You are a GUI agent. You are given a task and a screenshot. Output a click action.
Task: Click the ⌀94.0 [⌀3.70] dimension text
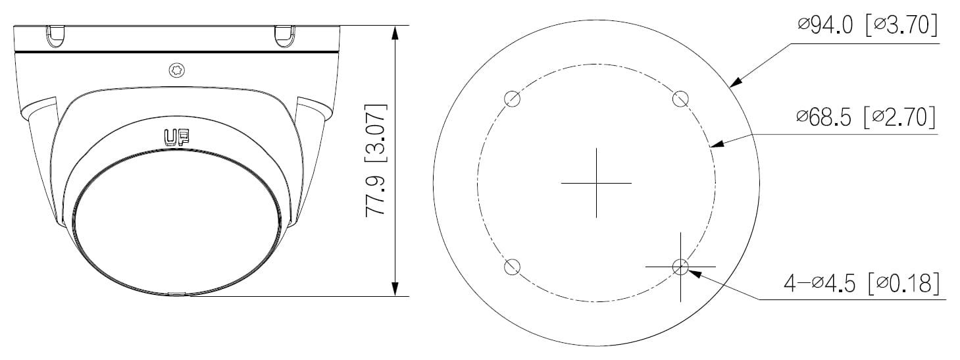[x=867, y=26]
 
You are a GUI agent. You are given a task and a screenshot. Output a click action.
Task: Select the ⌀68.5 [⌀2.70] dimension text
[x=865, y=117]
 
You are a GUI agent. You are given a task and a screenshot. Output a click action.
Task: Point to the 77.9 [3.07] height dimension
[x=376, y=160]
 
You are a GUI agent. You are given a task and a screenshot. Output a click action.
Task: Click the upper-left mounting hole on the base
[x=512, y=99]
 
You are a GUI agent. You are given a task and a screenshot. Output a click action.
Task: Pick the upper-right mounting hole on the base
[x=680, y=99]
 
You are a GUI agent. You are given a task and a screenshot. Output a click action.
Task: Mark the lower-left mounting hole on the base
[x=512, y=267]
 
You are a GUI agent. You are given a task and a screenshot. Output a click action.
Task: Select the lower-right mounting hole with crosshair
[x=680, y=267]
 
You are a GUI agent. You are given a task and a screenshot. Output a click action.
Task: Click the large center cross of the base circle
[x=596, y=182]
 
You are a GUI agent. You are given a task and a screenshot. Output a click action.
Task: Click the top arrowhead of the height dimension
[x=395, y=32]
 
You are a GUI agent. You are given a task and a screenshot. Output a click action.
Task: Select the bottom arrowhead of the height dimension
[x=395, y=289]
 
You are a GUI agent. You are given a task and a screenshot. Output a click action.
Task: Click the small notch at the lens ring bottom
[x=176, y=294]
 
